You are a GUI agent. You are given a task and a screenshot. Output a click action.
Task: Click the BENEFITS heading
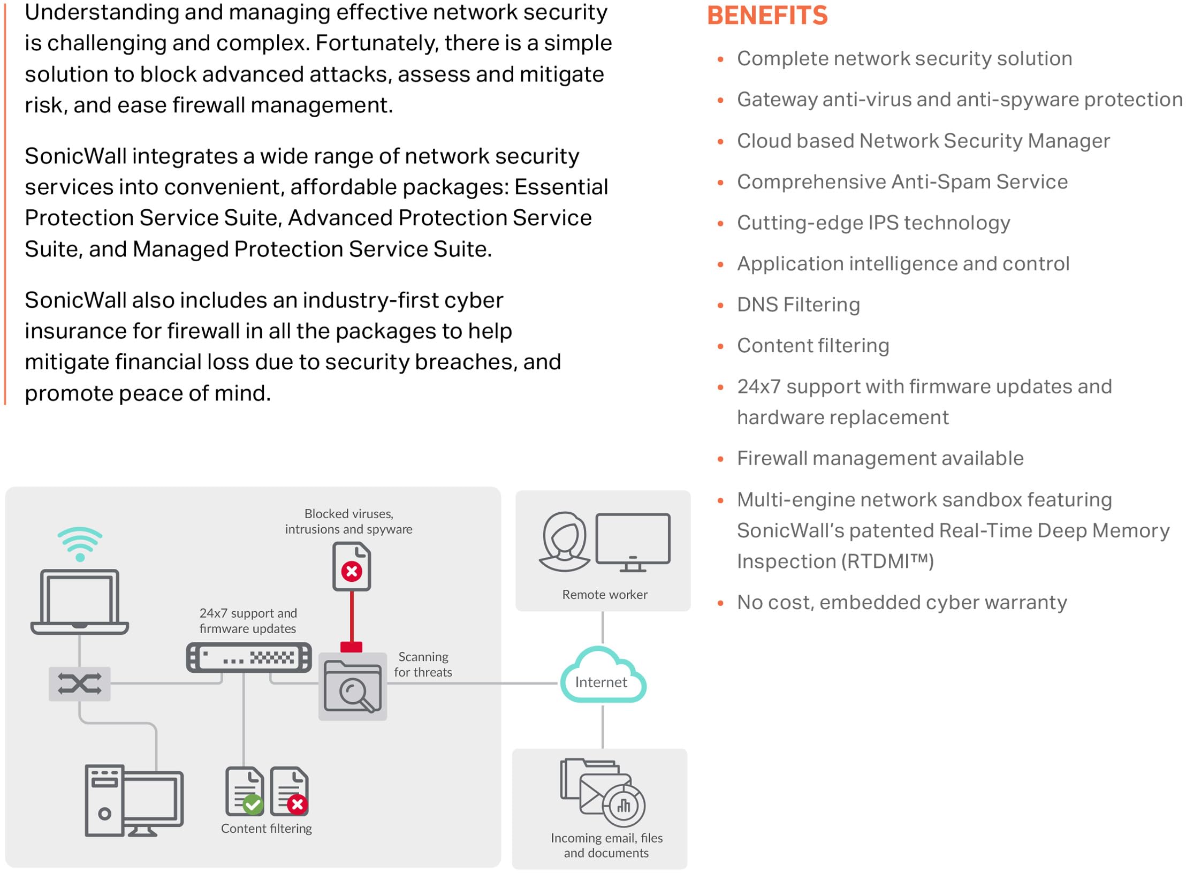coord(766,16)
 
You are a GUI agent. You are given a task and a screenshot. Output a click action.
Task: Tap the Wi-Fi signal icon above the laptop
coord(80,543)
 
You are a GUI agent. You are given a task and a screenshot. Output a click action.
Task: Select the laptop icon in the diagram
coord(80,602)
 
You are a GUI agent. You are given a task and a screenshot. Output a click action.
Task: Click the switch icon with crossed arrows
coord(79,684)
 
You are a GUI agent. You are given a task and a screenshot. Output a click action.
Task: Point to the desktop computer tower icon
coord(104,800)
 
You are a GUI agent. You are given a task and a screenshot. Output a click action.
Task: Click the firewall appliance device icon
coord(249,657)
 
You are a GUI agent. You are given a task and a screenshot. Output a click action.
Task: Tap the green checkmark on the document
coord(253,804)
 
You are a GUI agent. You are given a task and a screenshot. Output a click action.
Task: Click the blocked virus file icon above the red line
coord(352,566)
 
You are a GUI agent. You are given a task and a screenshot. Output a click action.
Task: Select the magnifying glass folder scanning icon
coord(353,687)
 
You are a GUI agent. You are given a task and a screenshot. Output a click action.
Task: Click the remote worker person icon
coord(564,542)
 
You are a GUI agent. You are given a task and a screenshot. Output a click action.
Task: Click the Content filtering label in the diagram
coord(266,829)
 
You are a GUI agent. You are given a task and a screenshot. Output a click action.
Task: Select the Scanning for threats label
coord(423,664)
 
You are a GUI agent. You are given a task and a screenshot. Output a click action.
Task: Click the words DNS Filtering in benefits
coord(798,305)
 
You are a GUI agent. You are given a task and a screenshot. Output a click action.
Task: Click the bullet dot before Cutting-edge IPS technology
coord(720,223)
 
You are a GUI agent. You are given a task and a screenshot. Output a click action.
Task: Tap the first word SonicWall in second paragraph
coord(75,156)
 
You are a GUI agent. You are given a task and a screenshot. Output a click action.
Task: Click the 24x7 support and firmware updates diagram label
coord(248,621)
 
